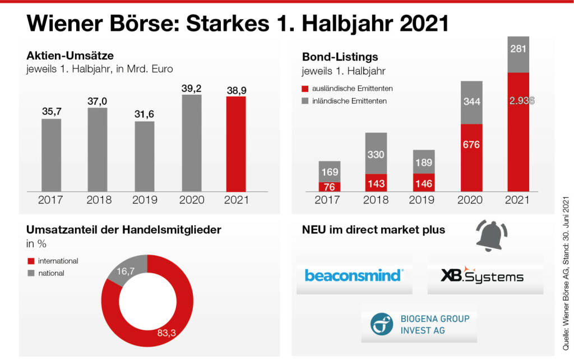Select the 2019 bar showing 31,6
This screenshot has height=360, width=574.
[144, 156]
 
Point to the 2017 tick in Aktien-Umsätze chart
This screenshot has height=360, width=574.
[52, 199]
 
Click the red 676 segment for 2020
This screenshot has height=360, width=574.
[471, 158]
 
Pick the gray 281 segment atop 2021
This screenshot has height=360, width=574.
[518, 55]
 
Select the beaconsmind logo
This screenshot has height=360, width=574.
[354, 276]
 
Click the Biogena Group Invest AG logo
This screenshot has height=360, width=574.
[419, 324]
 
